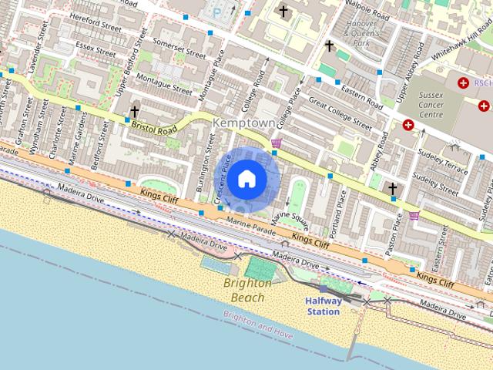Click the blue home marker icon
246,179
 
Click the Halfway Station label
323,306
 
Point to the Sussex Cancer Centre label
441,104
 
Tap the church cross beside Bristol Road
135,112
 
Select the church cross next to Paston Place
392,188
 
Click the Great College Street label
340,110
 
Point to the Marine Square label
290,220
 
